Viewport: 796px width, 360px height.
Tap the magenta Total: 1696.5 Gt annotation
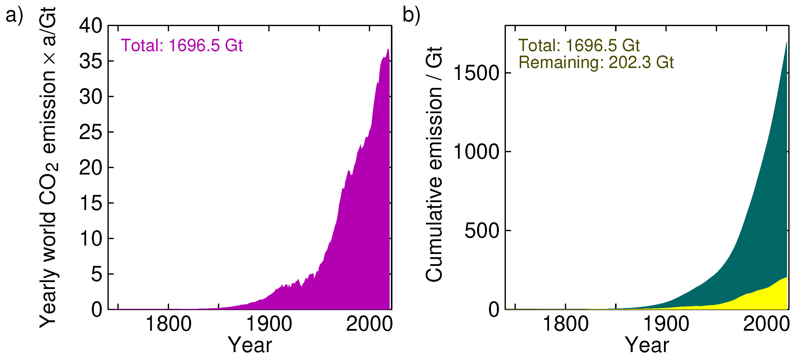pyautogui.click(x=182, y=45)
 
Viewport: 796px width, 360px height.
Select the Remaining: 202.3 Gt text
pyautogui.click(x=596, y=62)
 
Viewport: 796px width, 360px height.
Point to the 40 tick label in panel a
pyautogui.click(x=91, y=26)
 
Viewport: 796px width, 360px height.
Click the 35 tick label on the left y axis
pyautogui.click(x=91, y=61)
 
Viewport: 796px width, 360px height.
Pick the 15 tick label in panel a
pyautogui.click(x=91, y=203)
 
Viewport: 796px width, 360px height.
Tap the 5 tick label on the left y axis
pyautogui.click(x=96, y=274)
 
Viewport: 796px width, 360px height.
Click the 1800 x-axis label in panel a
pyautogui.click(x=168, y=324)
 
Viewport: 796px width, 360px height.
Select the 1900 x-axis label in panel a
pyautogui.click(x=269, y=324)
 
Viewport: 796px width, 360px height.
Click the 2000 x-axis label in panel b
pyautogui.click(x=766, y=324)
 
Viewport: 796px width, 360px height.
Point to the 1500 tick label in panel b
pyautogui.click(x=476, y=73)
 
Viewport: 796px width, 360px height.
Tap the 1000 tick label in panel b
pyautogui.click(x=476, y=152)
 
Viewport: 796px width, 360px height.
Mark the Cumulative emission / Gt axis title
pyautogui.click(x=434, y=164)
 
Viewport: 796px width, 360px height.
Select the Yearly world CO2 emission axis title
pyautogui.click(x=48, y=167)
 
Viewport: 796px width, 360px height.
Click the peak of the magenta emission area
pyautogui.click(x=388, y=49)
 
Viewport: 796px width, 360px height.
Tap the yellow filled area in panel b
pyautogui.click(x=772, y=297)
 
